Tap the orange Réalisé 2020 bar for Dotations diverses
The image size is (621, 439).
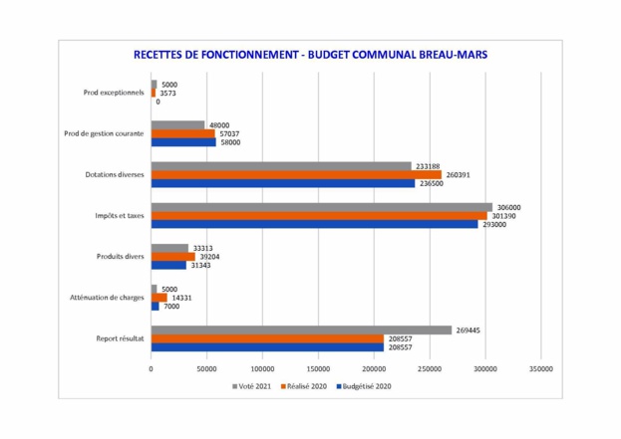point(296,174)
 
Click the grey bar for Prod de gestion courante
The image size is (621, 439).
point(177,125)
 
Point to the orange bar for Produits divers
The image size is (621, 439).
point(172,257)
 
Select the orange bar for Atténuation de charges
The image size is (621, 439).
point(158,298)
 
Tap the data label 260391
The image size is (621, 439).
point(459,174)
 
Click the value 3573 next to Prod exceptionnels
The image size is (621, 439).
point(168,93)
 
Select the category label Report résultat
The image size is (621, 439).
point(120,338)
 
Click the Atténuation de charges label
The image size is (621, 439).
point(107,298)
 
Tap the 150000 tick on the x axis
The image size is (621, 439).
point(317,368)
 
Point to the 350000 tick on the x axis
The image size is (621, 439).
point(540,368)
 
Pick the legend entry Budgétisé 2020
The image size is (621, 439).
point(366,385)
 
